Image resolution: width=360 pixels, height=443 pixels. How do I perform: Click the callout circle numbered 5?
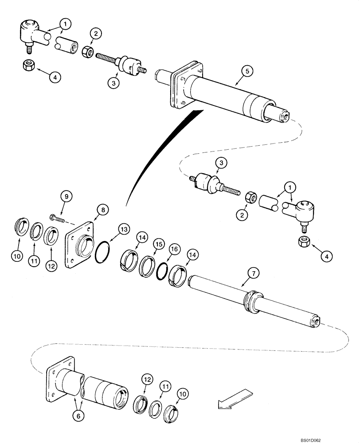point(247,70)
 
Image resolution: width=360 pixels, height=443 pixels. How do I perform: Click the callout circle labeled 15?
point(157,244)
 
